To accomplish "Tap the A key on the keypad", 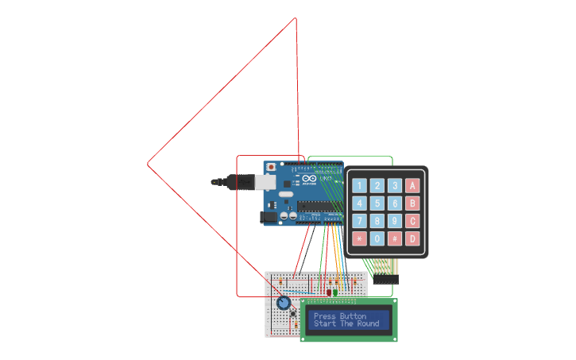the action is [412, 186].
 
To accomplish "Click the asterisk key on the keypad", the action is [359, 238].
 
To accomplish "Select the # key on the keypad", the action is [394, 238].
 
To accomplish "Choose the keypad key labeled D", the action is [412, 238].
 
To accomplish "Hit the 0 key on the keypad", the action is [377, 238].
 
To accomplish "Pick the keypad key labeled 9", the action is [394, 221].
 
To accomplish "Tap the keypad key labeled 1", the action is [359, 186].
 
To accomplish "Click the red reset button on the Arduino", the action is [273, 168].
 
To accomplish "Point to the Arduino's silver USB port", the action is [268, 183].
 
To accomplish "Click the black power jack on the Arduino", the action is [269, 216].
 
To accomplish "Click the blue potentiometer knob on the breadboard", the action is [283, 303].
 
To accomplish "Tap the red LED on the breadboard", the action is [328, 292].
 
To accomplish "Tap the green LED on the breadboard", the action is [335, 292].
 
